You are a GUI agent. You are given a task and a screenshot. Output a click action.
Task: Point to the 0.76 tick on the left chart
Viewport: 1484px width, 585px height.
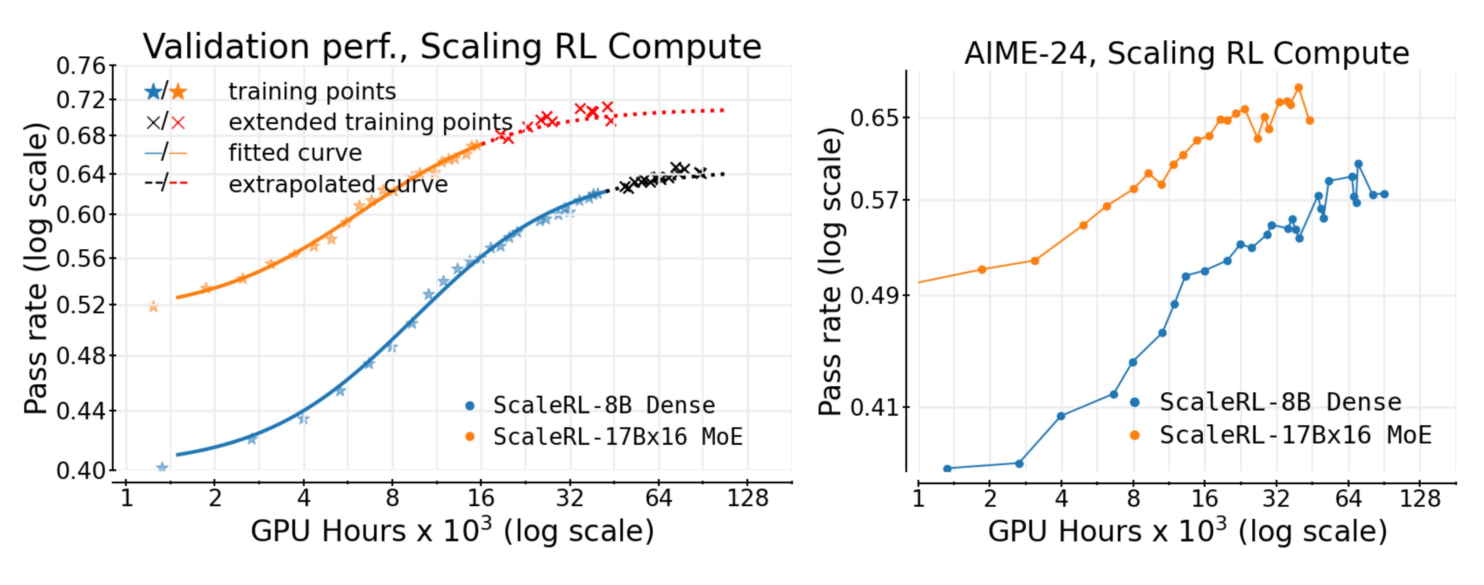click(81, 66)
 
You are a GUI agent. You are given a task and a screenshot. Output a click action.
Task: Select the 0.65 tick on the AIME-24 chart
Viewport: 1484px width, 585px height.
click(874, 118)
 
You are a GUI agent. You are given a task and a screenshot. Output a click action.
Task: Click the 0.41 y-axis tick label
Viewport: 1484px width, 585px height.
click(874, 407)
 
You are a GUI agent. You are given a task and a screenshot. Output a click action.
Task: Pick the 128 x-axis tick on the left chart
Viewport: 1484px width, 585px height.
click(747, 497)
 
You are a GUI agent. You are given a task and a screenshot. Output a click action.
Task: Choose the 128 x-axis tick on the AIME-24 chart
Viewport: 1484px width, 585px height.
click(1420, 497)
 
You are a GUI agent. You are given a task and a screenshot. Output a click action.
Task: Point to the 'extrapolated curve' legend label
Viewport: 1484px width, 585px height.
click(338, 184)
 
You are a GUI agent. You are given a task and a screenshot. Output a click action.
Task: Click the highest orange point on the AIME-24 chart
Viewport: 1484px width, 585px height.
click(1299, 88)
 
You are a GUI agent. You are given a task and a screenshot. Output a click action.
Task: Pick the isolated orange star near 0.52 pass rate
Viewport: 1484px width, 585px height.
click(153, 307)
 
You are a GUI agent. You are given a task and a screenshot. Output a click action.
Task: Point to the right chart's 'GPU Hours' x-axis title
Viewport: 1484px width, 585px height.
click(1187, 531)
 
